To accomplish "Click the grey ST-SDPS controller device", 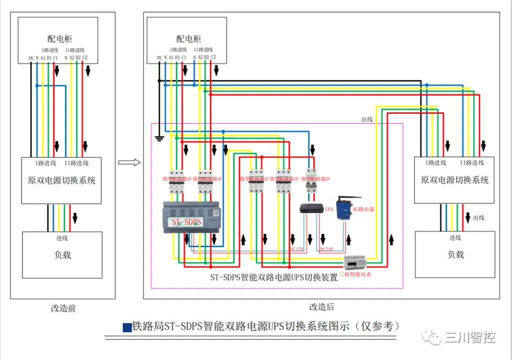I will (192, 217).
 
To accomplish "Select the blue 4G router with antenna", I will (344, 207).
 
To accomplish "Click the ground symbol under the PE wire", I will (159, 138).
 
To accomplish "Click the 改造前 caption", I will (63, 308).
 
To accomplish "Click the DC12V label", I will (297, 249).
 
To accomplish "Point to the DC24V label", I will (326, 249).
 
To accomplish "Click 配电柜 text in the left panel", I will (60, 38).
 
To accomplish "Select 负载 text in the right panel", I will (455, 254).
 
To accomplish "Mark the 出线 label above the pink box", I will (367, 119).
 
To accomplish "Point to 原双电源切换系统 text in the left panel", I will (61, 180).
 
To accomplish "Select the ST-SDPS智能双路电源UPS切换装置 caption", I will (274, 278).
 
